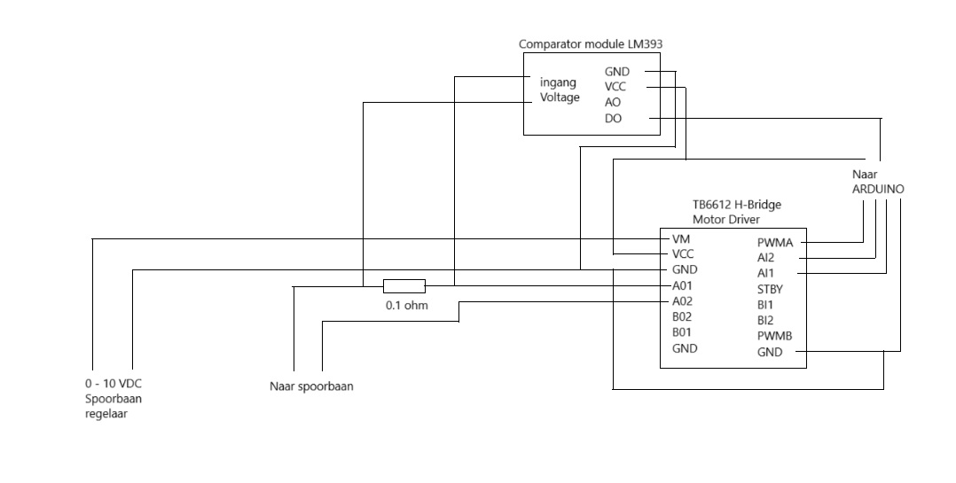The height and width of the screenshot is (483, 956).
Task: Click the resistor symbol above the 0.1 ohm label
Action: pyautogui.click(x=404, y=285)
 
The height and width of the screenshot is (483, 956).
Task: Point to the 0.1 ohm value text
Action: pyautogui.click(x=406, y=305)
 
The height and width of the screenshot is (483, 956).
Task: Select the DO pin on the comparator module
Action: pyautogui.click(x=613, y=118)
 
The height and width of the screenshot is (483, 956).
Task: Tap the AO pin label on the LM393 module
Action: pyautogui.click(x=613, y=102)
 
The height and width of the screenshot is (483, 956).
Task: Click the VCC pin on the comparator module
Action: pyautogui.click(x=615, y=87)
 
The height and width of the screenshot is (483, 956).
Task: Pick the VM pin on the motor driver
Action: pyautogui.click(x=680, y=239)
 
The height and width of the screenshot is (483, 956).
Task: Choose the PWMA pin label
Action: pyautogui.click(x=775, y=242)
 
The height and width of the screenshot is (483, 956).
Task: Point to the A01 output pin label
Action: pyautogui.click(x=683, y=285)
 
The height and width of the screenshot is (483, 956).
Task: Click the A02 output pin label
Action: pyautogui.click(x=683, y=301)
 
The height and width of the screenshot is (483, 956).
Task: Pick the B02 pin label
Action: pyautogui.click(x=683, y=316)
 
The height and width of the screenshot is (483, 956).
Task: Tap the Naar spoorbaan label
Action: pyautogui.click(x=311, y=386)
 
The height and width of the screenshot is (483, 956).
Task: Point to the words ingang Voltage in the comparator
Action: pyautogui.click(x=560, y=90)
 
